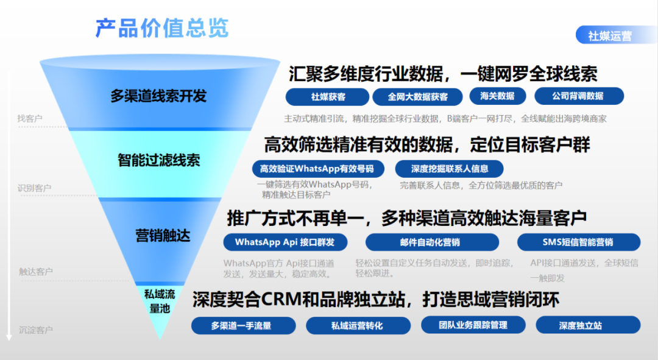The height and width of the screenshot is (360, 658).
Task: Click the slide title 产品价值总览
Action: click(x=162, y=28)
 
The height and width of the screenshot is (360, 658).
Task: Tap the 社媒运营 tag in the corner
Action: click(x=615, y=35)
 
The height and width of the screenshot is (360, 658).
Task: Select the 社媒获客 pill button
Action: click(x=327, y=97)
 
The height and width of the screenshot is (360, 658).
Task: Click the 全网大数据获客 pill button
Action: click(x=417, y=97)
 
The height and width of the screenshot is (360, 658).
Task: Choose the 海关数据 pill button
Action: click(x=497, y=96)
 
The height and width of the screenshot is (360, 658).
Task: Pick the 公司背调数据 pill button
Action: click(x=579, y=96)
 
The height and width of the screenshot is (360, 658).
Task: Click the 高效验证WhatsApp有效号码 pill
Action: click(x=318, y=169)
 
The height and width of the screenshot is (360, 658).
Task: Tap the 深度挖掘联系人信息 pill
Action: click(x=450, y=169)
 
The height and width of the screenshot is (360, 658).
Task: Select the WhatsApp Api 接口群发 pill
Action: click(x=285, y=242)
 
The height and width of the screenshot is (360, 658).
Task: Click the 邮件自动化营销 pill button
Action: click(x=432, y=242)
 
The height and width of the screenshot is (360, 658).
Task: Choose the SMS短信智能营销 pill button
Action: click(x=579, y=242)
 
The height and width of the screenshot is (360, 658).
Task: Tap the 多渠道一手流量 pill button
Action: click(x=243, y=326)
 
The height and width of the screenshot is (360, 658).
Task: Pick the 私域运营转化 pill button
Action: click(x=358, y=326)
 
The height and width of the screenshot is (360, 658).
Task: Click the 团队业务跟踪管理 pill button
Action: click(x=473, y=325)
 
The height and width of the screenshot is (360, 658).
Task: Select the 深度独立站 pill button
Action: click(x=589, y=325)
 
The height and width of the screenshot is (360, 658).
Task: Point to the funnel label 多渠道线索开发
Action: click(x=158, y=96)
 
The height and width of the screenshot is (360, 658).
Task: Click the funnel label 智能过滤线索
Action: click(x=158, y=160)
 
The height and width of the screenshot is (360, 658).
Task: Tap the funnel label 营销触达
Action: click(x=163, y=235)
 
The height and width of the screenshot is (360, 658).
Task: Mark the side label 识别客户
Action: click(x=34, y=188)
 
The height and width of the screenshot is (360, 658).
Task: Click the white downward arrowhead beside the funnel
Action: click(x=9, y=337)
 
